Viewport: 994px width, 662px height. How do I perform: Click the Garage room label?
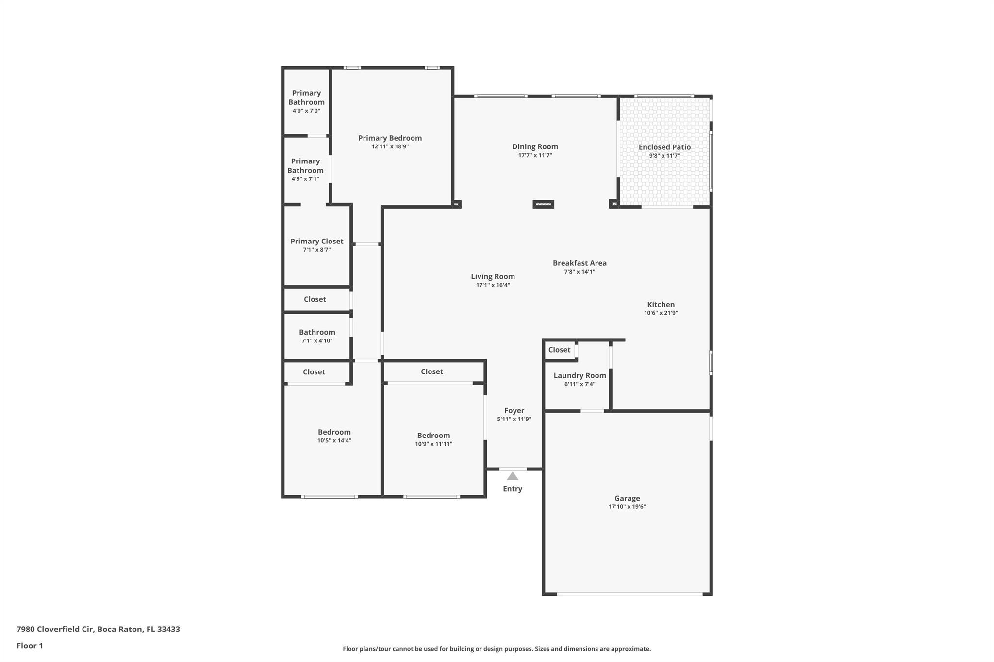click(627, 498)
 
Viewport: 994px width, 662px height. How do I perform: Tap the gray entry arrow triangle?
click(513, 476)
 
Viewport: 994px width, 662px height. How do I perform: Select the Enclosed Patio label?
click(664, 147)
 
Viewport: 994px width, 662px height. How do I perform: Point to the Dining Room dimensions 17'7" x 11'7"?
click(535, 155)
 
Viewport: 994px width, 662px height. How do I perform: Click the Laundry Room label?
click(580, 375)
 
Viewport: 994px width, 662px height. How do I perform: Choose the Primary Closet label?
click(316, 241)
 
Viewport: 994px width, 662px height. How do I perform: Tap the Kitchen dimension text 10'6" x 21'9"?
click(661, 313)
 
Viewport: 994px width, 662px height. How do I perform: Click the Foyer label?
click(514, 410)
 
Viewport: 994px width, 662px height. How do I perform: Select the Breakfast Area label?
click(580, 263)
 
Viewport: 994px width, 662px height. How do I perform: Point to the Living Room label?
click(493, 276)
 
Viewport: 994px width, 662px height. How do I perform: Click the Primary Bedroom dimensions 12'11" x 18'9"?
click(390, 146)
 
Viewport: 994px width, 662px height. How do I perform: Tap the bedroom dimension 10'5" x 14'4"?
click(334, 440)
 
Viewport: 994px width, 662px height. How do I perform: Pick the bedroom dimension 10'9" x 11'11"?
click(433, 444)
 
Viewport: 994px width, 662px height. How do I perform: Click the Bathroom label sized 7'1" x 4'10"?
click(317, 332)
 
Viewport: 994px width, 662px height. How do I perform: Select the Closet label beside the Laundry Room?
click(559, 350)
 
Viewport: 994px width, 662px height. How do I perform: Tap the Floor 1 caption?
click(30, 646)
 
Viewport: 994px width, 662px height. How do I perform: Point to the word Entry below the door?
click(513, 489)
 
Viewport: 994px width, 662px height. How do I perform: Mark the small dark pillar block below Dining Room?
click(543, 204)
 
